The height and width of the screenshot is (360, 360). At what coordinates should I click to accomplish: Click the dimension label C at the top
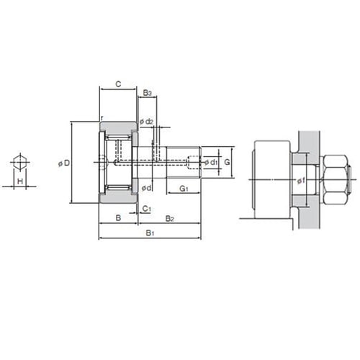point(118,84)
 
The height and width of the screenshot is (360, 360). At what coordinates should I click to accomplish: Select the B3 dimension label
point(147,93)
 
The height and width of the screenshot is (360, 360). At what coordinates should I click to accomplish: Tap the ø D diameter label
point(64,163)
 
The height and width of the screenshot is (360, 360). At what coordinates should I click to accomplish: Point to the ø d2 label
point(146,122)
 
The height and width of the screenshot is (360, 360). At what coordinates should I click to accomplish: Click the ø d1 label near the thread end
point(211,163)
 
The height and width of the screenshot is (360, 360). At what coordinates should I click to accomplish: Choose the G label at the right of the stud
point(227,162)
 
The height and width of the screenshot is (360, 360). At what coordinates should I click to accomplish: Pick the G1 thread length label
point(184,189)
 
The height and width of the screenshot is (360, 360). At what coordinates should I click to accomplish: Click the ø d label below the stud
point(146,188)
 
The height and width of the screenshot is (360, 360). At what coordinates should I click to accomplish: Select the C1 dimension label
point(146,209)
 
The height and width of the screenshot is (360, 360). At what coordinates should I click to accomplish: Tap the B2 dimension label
point(169,218)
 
